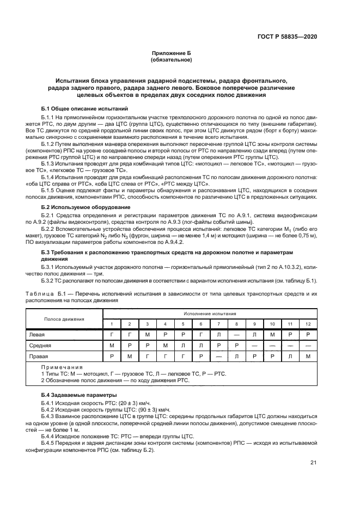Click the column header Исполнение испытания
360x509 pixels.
coord(210,314)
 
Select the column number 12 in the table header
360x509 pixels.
coord(308,324)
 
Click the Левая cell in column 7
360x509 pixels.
coord(218,335)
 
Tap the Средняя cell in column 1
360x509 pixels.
coord(111,345)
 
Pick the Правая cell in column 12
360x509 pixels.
coord(308,355)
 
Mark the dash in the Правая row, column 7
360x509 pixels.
coord(218,355)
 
